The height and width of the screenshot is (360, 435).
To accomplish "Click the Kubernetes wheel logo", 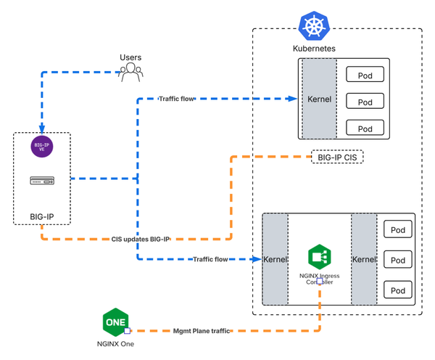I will [x=315, y=27].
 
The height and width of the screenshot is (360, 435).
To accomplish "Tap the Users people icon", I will [x=130, y=70].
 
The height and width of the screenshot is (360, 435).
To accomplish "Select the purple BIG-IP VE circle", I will [x=41, y=147].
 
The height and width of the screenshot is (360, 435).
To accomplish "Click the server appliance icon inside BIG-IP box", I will [x=41, y=180].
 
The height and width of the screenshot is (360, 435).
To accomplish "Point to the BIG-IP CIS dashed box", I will [x=337, y=157].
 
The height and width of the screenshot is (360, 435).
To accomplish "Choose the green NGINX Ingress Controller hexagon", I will [x=320, y=257].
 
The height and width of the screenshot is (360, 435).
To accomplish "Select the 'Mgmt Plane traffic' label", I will [x=201, y=331].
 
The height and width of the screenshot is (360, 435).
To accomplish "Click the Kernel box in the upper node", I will [x=320, y=99].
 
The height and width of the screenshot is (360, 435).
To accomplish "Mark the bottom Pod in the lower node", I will [x=398, y=290].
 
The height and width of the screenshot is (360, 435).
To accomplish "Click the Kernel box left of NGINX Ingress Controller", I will [x=275, y=259].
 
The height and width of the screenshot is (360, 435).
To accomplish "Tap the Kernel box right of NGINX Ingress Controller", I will [x=363, y=259].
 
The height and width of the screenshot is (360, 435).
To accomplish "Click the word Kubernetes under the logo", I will [x=314, y=49].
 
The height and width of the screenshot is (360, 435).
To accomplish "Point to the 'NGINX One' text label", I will [x=116, y=344].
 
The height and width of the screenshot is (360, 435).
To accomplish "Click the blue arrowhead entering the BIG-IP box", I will [x=41, y=128].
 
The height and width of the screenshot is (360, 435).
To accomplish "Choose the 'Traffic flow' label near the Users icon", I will [x=176, y=97].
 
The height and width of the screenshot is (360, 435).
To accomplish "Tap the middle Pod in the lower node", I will [x=398, y=260].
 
